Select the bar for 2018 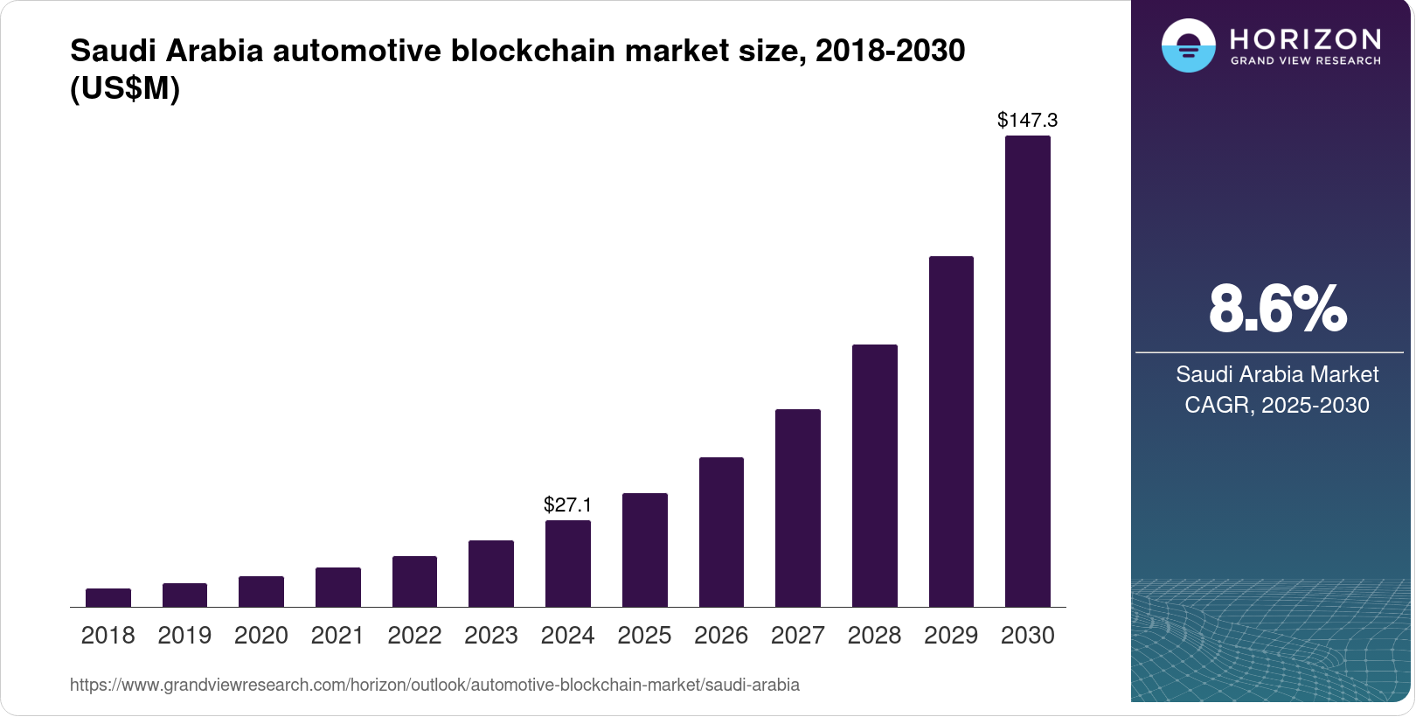click(108, 598)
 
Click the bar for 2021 click(338, 588)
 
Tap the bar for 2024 click(568, 564)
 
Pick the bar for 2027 click(798, 508)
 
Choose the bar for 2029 click(951, 432)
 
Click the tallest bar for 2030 click(1028, 372)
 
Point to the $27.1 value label click(568, 505)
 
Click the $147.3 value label click(1028, 120)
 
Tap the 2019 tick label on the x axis click(184, 636)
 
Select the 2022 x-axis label click(414, 636)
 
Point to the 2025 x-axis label click(644, 636)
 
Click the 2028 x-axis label click(874, 636)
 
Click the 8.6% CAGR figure click(1277, 309)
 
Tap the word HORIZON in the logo click(1305, 39)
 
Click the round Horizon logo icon click(1189, 45)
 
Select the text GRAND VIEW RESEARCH click(1305, 61)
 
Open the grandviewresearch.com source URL click(434, 685)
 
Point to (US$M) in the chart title click(125, 88)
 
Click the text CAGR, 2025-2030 click(1277, 405)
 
